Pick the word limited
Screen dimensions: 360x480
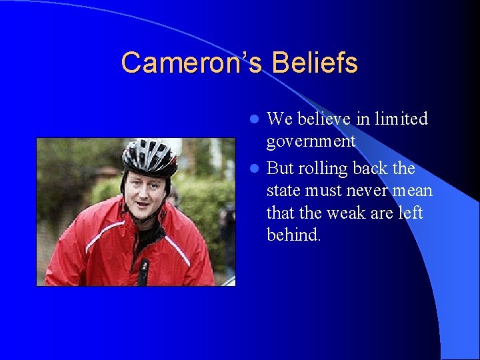[x=401, y=119]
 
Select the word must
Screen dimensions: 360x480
[x=325, y=191]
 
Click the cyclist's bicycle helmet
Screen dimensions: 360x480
[x=149, y=155]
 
